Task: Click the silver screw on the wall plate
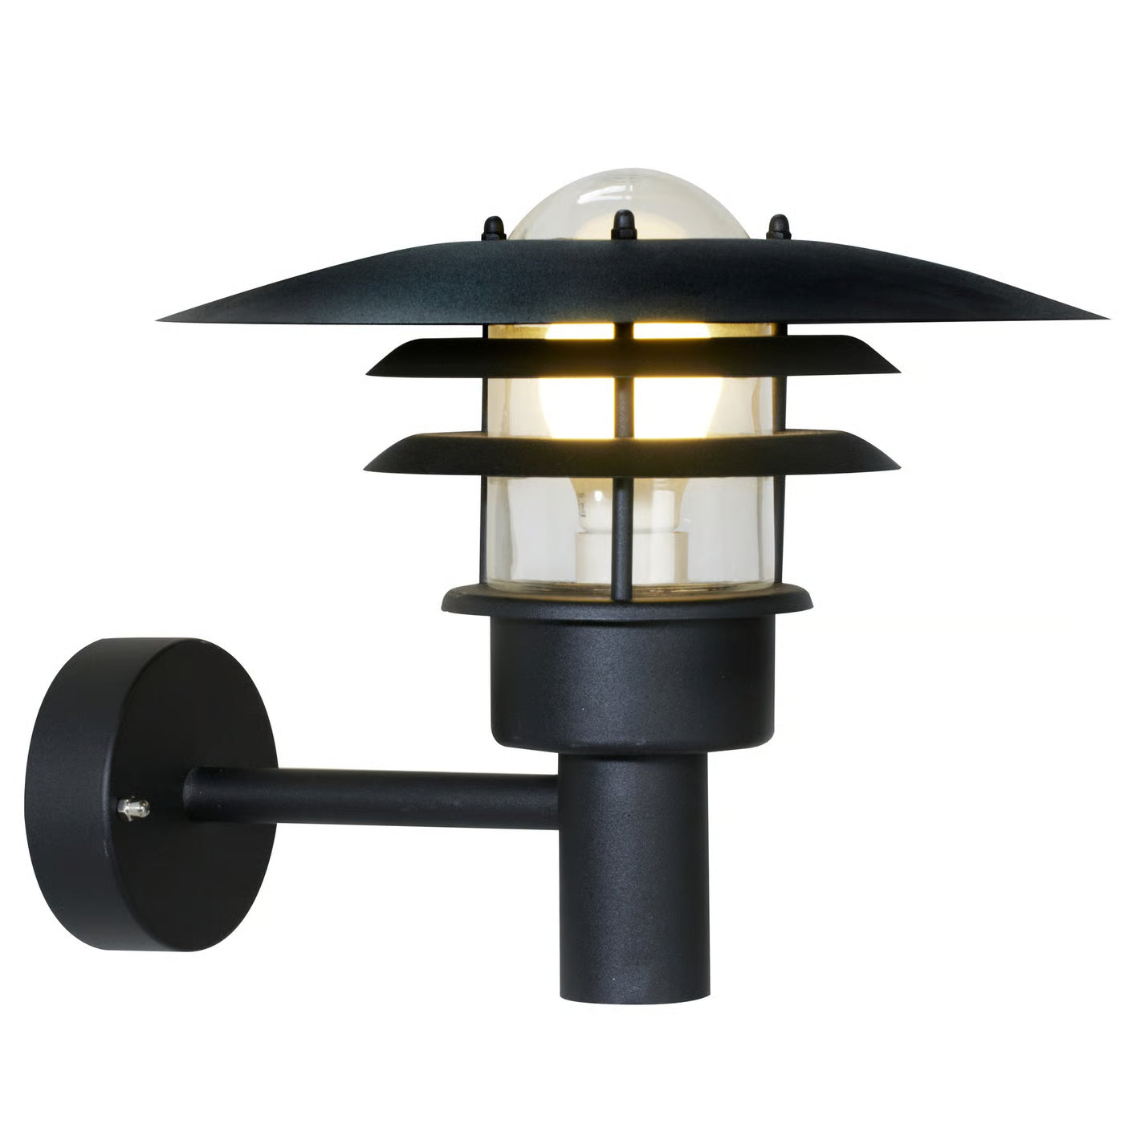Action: click(132, 808)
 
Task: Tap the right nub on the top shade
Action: click(776, 226)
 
